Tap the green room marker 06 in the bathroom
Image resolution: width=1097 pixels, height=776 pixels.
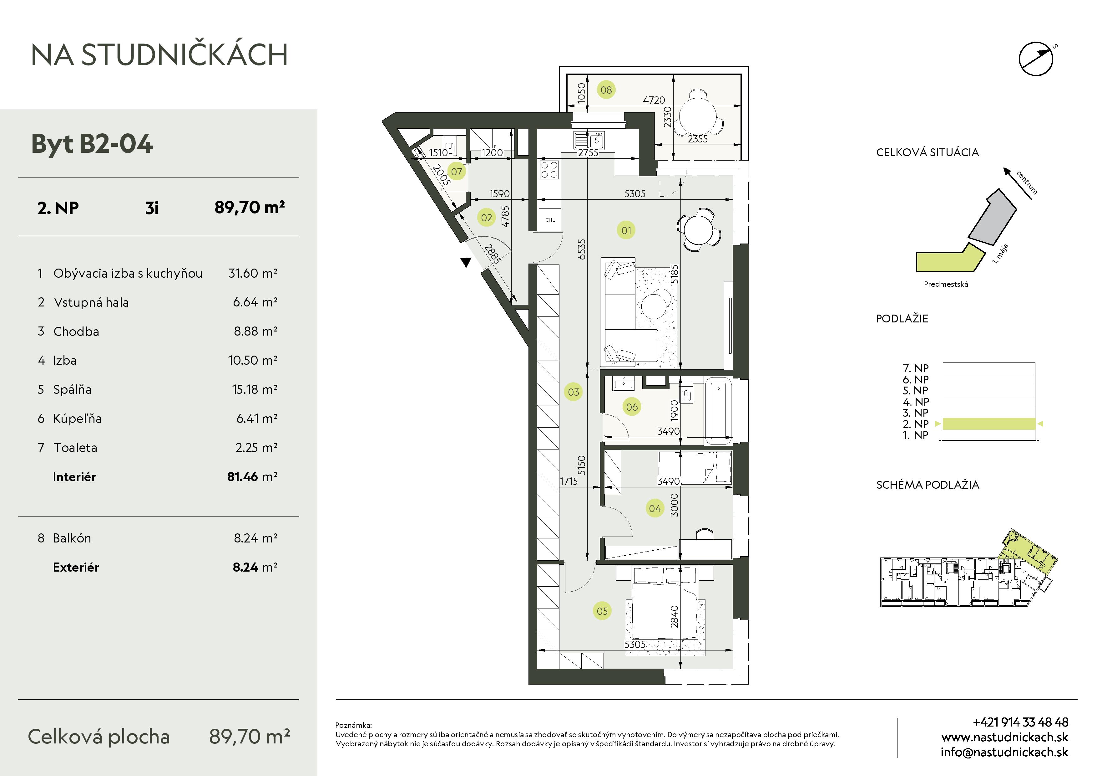coord(632,407)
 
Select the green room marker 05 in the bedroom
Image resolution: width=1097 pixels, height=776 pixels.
coord(602,611)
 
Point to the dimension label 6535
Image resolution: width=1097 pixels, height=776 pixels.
coord(581,249)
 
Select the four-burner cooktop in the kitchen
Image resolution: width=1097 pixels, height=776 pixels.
coord(549,170)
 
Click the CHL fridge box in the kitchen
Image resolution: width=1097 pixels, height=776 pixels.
coord(550,220)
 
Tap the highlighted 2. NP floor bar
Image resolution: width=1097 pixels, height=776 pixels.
coord(988,424)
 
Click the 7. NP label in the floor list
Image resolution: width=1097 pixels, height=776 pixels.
coord(915,368)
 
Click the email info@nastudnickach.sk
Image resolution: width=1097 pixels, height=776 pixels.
coord(1004,752)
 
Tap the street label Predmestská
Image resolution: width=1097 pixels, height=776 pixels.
coord(946,284)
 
